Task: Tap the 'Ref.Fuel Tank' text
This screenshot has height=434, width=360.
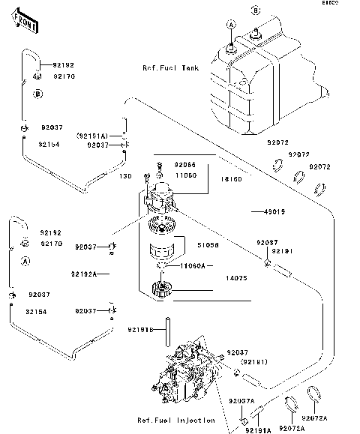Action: [x=171, y=67]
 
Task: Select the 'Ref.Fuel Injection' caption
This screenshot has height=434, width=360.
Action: [x=176, y=420]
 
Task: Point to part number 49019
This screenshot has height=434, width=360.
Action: [x=274, y=212]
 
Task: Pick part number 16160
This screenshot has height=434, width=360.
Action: [x=230, y=180]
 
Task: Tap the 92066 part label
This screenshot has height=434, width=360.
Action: [x=185, y=164]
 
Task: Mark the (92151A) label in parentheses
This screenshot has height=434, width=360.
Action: [x=92, y=136]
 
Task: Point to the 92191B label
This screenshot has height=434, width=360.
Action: [x=140, y=329]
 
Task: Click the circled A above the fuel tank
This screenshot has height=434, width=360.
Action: [x=232, y=25]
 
